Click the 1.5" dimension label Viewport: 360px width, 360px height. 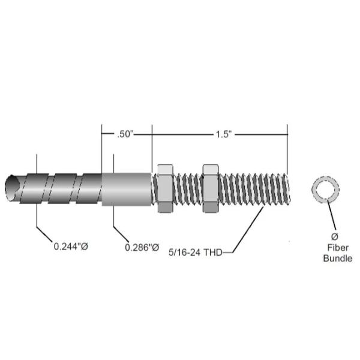[x=223, y=135]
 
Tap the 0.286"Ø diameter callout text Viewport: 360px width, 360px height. [x=142, y=247]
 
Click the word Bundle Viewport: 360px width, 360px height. [x=337, y=259]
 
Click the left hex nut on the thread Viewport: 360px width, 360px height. [x=165, y=187]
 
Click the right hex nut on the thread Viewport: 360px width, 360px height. [x=211, y=187]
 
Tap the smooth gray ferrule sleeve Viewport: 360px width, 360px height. [x=127, y=188]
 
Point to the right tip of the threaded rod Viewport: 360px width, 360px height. [x=291, y=187]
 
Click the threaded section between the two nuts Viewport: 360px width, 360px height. [x=188, y=187]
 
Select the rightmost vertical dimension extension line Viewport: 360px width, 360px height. [x=288, y=147]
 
